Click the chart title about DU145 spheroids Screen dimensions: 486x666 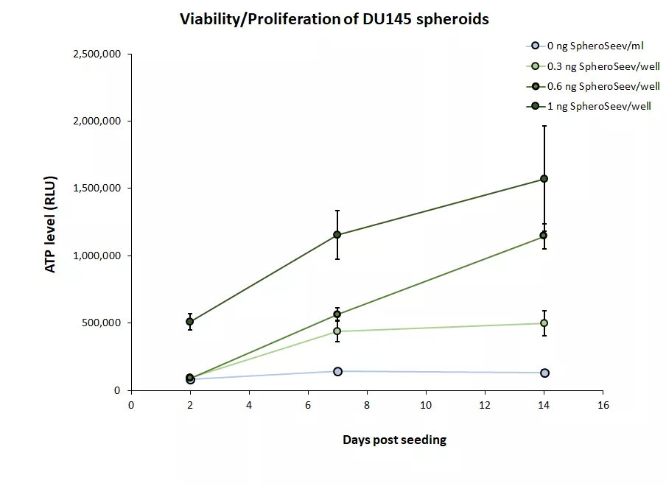tap(334, 20)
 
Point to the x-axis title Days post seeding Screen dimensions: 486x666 tap(394, 440)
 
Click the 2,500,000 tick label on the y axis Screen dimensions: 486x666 tap(96, 54)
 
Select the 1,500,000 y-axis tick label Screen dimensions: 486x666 tap(96, 189)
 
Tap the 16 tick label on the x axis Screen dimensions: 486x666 tap(603, 405)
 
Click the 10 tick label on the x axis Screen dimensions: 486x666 tap(426, 405)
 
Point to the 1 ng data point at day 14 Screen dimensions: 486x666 tap(544, 179)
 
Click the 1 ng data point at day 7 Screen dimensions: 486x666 tap(337, 235)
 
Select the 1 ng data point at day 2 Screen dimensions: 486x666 tap(190, 322)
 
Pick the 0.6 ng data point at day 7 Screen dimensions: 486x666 tap(337, 314)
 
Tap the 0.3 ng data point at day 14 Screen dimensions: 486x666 tap(544, 323)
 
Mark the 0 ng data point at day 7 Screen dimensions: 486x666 tap(337, 371)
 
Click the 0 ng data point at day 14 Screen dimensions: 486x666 tap(544, 373)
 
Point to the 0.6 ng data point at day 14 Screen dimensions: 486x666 tap(544, 236)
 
